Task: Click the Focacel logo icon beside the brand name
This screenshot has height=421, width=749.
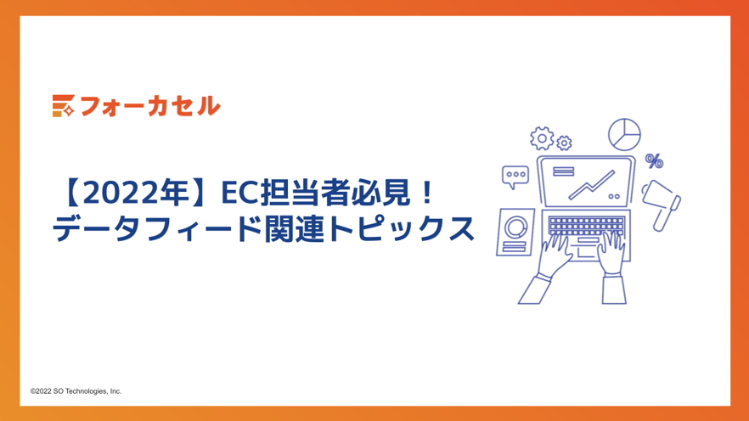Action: [x=63, y=105]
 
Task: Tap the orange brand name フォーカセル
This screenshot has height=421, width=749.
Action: [x=149, y=106]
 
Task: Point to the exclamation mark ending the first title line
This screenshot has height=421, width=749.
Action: [x=426, y=194]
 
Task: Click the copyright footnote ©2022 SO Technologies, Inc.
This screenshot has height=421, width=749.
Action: [x=76, y=391]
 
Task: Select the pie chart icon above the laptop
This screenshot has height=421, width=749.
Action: [x=624, y=134]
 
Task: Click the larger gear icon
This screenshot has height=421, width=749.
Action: [x=541, y=138]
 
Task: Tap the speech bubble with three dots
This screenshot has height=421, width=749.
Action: [x=515, y=176]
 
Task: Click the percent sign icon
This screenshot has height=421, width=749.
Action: [x=654, y=160]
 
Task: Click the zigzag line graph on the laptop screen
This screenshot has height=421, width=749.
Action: [x=592, y=184]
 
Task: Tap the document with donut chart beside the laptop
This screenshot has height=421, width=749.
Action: [x=515, y=231]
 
